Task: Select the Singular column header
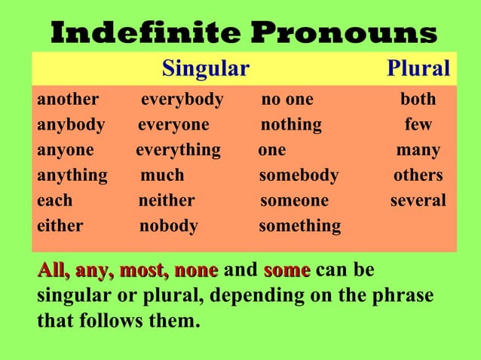206,69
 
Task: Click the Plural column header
418,69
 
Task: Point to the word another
68,99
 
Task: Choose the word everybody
182,99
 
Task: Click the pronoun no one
287,99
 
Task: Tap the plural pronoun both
418,99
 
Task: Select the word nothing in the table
291,124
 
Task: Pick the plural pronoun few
418,124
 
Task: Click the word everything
178,150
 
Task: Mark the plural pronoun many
418,150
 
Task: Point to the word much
163,175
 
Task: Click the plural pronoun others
418,175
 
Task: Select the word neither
167,201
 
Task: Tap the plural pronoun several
418,201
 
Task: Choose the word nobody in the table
169,226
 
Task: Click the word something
299,226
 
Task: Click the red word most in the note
144,270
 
